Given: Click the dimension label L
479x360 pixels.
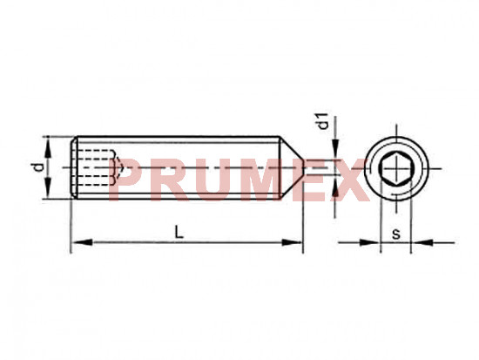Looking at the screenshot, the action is tap(179, 232).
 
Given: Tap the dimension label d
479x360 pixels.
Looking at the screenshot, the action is tap(37, 167).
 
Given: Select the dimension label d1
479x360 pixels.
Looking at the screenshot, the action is tap(323, 121).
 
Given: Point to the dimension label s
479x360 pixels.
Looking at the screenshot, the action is tap(396, 234).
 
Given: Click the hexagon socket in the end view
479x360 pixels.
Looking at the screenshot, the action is tap(396, 168).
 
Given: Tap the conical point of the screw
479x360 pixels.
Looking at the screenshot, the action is tap(292, 167).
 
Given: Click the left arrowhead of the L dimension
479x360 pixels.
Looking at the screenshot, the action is tap(82, 242).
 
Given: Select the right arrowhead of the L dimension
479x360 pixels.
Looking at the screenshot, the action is tap(292, 242).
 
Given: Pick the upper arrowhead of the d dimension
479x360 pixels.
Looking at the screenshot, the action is tap(48, 146).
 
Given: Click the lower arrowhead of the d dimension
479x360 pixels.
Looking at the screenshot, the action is tap(48, 188).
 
